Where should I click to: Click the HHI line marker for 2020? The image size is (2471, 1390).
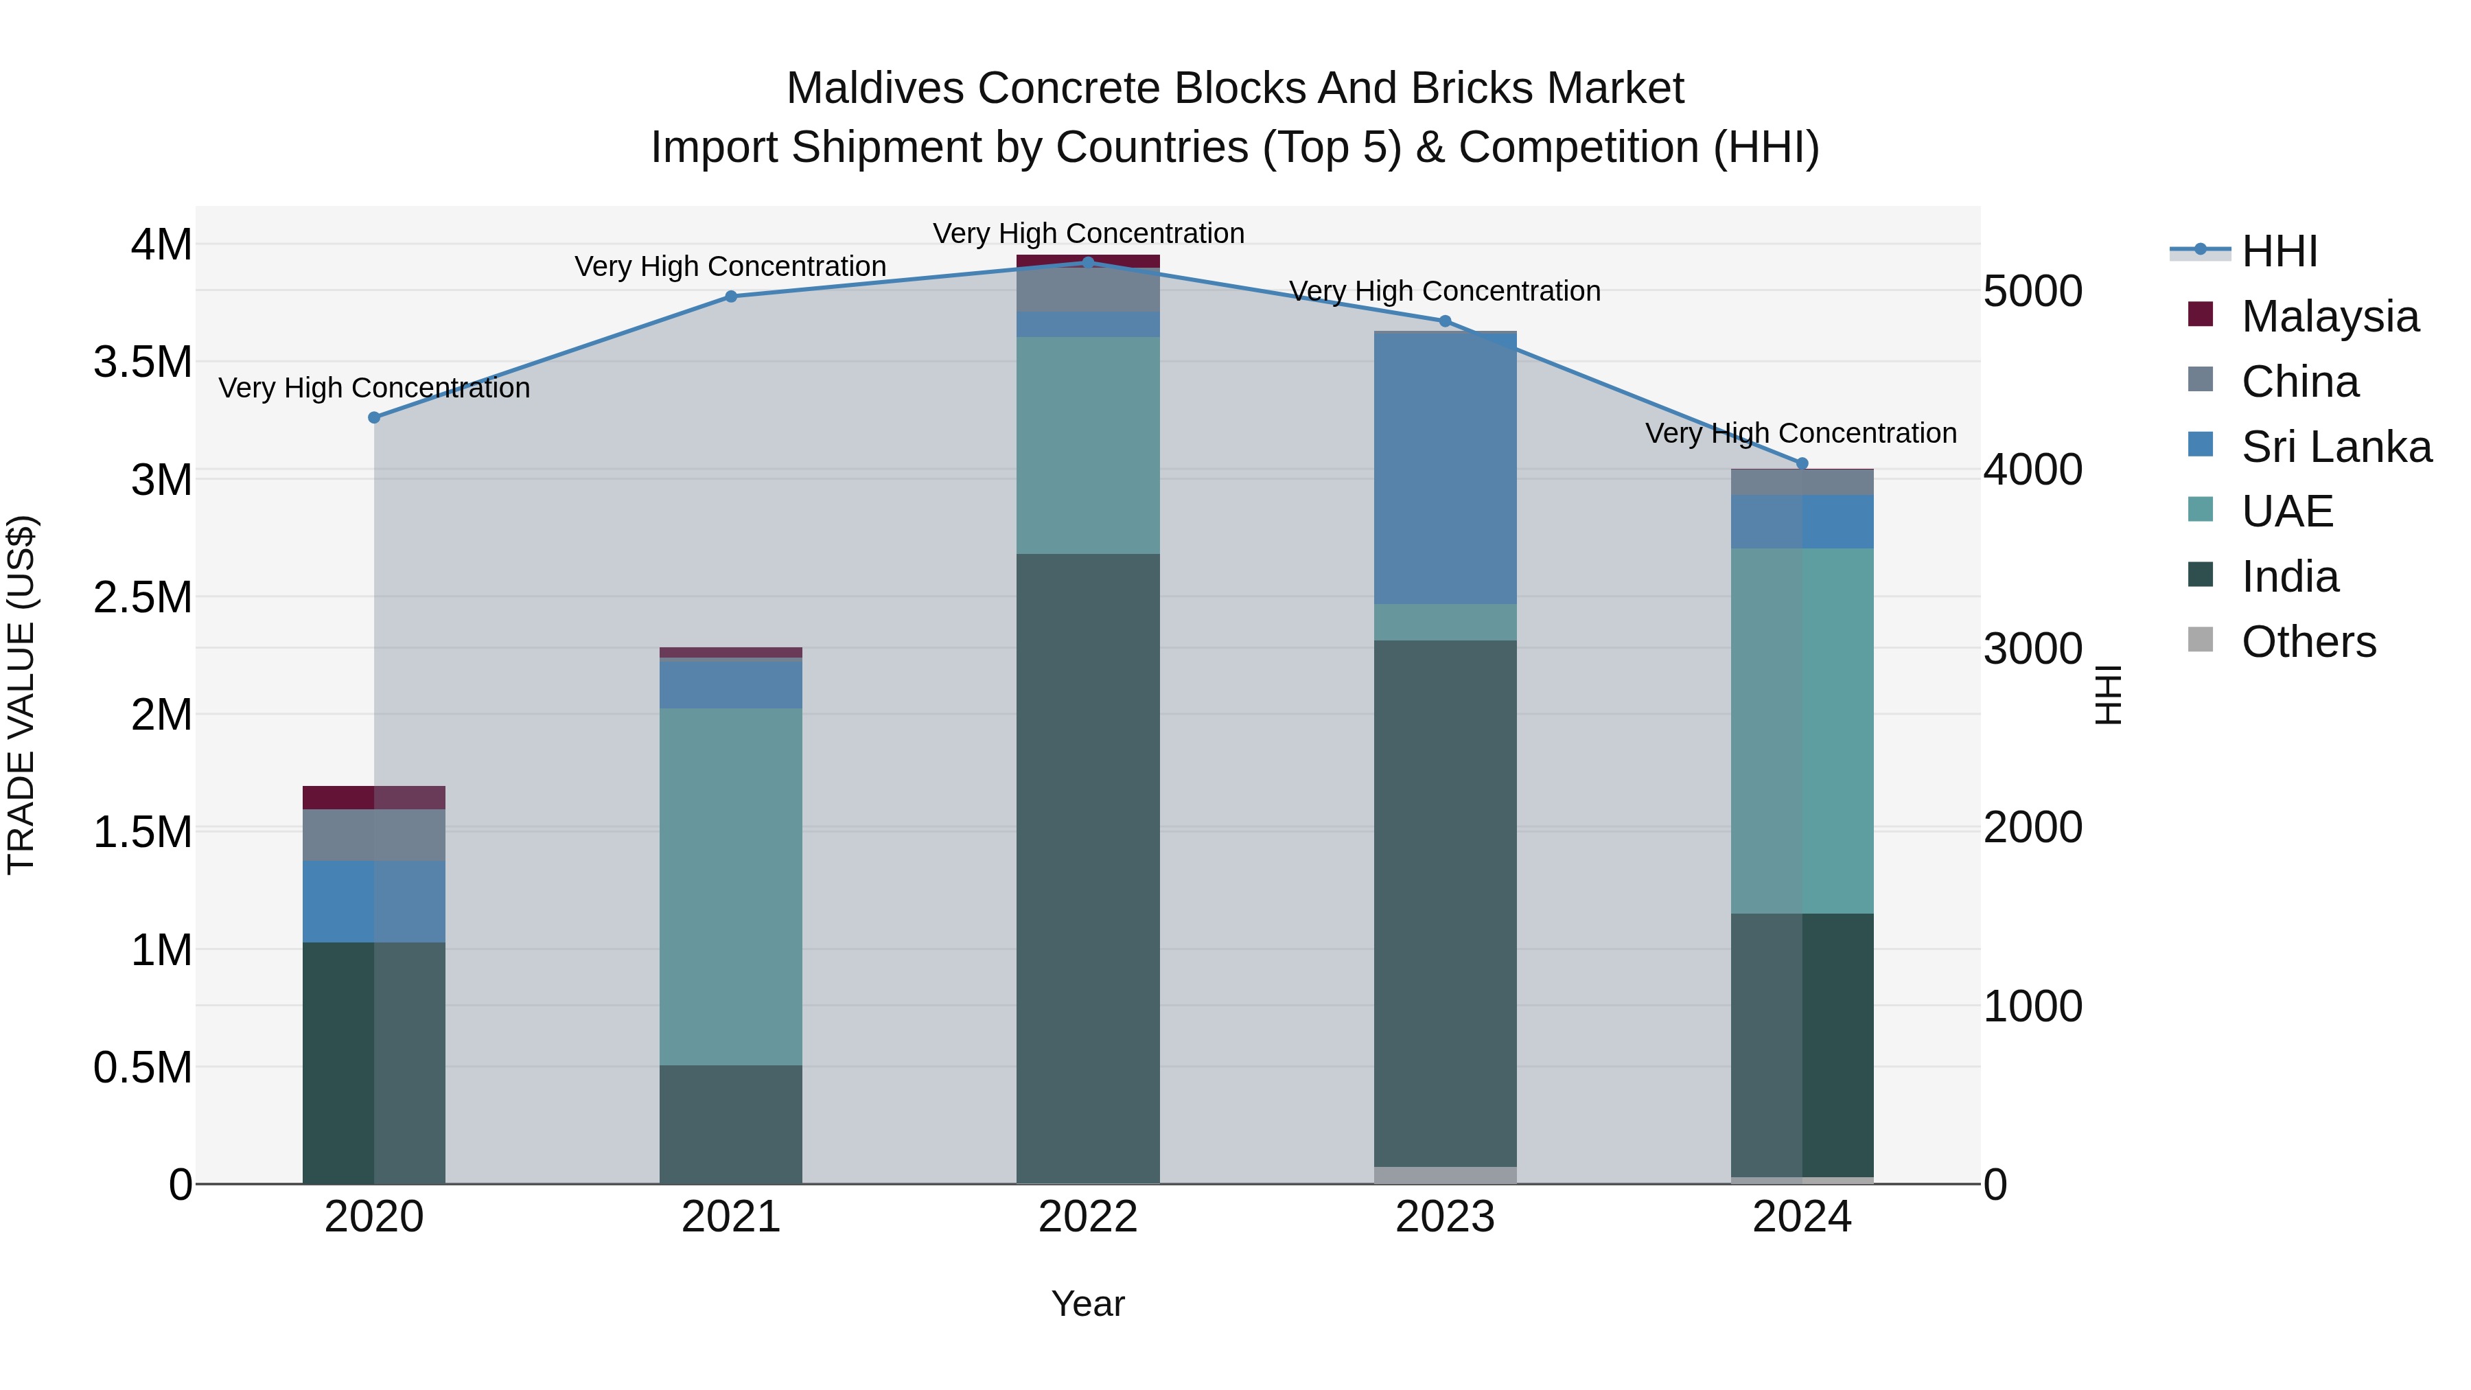(x=374, y=417)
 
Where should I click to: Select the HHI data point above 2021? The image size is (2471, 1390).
(x=731, y=297)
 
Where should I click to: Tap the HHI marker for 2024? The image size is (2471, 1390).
(x=1802, y=463)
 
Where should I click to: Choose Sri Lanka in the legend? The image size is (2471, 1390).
(x=2336, y=447)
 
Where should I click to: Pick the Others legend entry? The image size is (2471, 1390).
(x=2308, y=642)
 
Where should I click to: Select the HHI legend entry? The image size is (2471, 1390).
(x=2279, y=251)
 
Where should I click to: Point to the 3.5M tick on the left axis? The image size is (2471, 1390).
(x=143, y=362)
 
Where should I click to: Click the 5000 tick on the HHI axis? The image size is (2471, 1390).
(x=2032, y=292)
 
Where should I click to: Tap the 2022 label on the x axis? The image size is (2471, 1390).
(x=1088, y=1217)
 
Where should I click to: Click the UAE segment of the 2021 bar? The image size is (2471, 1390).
(x=731, y=888)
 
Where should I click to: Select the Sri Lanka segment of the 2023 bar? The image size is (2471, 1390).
(x=1445, y=468)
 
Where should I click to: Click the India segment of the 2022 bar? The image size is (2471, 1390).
(x=1088, y=868)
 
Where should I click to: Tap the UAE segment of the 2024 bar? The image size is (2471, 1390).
(x=1802, y=731)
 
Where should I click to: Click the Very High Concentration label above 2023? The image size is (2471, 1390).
(x=1445, y=290)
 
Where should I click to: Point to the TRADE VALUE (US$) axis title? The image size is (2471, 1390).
(x=21, y=695)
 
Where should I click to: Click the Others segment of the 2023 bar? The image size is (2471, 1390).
(x=1445, y=1175)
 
